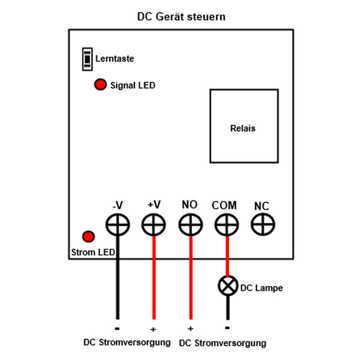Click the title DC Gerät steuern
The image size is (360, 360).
(x=181, y=17)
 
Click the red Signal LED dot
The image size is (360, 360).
(x=100, y=85)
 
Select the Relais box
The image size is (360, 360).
(x=244, y=126)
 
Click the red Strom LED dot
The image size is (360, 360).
(x=89, y=236)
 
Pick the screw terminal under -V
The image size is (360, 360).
(x=117, y=225)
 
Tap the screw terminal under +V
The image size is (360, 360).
(x=154, y=225)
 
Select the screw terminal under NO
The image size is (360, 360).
(x=190, y=225)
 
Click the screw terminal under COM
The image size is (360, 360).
(x=227, y=225)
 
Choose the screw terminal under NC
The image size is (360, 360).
(x=263, y=225)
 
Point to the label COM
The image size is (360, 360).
(x=224, y=205)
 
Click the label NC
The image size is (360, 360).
(x=262, y=206)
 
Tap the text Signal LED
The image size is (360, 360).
(x=133, y=86)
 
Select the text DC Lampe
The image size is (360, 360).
(x=261, y=288)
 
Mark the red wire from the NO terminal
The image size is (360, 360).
(x=190, y=282)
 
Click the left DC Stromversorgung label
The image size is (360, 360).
(x=127, y=342)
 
